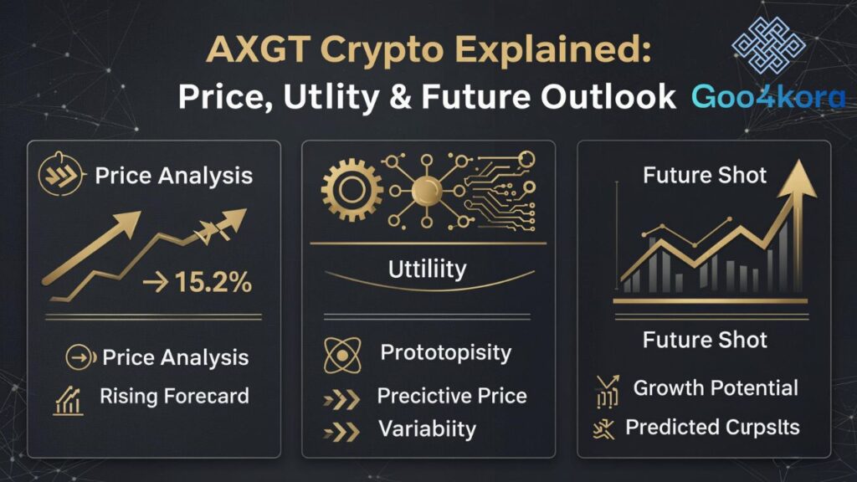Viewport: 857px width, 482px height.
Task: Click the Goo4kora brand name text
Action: click(768, 97)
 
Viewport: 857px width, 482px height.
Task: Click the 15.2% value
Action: click(213, 283)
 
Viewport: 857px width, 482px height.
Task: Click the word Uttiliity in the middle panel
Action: click(427, 270)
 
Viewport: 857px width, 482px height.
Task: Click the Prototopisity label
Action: click(445, 352)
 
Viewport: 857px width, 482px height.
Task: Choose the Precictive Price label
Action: click(451, 396)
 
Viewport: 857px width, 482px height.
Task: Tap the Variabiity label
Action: click(427, 429)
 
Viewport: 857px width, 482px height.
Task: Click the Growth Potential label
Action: click(716, 387)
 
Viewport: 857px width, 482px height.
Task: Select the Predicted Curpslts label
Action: click(712, 428)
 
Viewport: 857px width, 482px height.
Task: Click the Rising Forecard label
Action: click(174, 396)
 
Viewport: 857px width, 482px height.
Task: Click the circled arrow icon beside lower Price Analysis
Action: click(78, 358)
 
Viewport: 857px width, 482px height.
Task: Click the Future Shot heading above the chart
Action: click(705, 176)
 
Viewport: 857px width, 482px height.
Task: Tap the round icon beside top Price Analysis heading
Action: click(59, 177)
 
